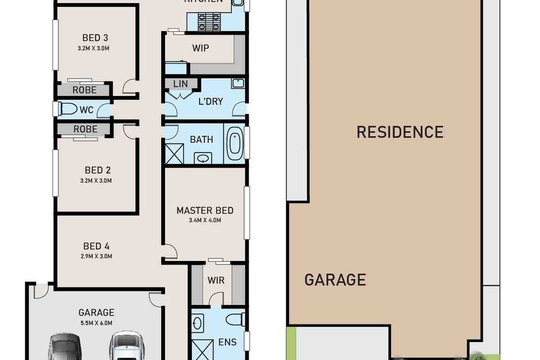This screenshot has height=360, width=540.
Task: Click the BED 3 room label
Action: click(95, 38)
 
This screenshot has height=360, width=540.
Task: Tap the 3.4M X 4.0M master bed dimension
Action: click(205, 220)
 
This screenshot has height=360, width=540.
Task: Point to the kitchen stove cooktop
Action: click(208, 20)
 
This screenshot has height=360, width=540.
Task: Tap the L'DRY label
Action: click(211, 101)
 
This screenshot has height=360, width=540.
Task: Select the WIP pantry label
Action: click(200, 48)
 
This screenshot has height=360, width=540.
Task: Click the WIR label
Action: click(216, 280)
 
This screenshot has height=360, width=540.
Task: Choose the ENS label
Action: click(227, 342)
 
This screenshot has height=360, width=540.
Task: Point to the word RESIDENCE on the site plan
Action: click(400, 132)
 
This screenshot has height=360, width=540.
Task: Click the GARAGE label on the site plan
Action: click(335, 280)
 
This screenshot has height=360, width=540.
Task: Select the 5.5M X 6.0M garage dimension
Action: click(96, 323)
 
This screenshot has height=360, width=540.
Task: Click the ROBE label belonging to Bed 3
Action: click(85, 90)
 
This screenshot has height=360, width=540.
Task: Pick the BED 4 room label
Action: click(96, 246)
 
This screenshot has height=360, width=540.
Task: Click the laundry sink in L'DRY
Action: click(238, 83)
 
